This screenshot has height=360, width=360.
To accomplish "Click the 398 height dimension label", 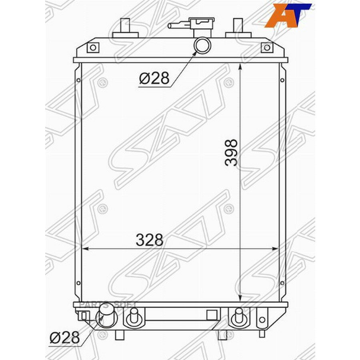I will [231, 152].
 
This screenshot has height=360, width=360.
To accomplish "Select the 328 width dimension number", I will [150, 240].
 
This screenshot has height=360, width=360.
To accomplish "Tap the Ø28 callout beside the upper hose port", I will [154, 78].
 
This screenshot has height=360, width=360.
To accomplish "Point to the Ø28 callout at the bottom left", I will [64, 338].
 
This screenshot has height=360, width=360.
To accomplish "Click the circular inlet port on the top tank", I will [202, 44].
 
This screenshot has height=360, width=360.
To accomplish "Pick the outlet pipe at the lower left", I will [106, 316].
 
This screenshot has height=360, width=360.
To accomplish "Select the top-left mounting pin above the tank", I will [125, 28].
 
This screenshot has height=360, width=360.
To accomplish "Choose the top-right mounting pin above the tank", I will [238, 28].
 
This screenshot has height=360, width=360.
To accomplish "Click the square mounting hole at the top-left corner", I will [93, 48].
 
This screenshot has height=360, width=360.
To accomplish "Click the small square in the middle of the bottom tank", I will [212, 315].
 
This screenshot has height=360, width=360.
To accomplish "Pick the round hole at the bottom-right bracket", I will [262, 320].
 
